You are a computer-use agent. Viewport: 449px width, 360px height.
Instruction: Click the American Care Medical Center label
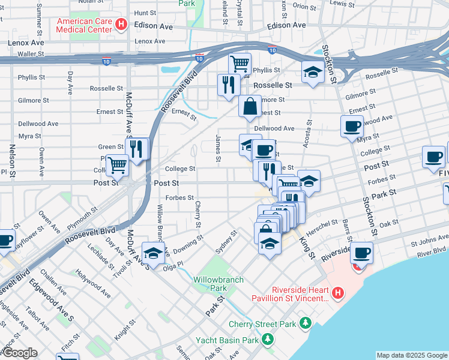pyautogui.click(x=84, y=25)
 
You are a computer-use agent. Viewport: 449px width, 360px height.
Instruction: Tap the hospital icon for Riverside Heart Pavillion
pyautogui.click(x=337, y=293)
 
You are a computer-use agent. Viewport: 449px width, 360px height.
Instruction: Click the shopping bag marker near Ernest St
pyautogui.click(x=250, y=107)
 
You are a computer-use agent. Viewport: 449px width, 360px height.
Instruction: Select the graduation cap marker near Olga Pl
pyautogui.click(x=153, y=253)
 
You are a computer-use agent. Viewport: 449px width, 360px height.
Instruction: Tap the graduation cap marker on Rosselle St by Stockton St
pyautogui.click(x=312, y=73)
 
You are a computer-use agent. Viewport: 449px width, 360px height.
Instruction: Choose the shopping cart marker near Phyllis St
pyautogui.click(x=240, y=63)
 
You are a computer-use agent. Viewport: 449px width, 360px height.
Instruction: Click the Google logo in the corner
pyautogui.click(x=20, y=353)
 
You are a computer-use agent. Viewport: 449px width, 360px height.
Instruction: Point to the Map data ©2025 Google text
pyautogui.click(x=412, y=355)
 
